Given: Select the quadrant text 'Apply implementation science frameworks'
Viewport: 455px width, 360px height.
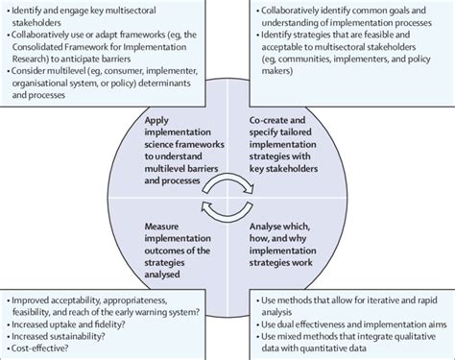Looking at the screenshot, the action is [177, 136].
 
